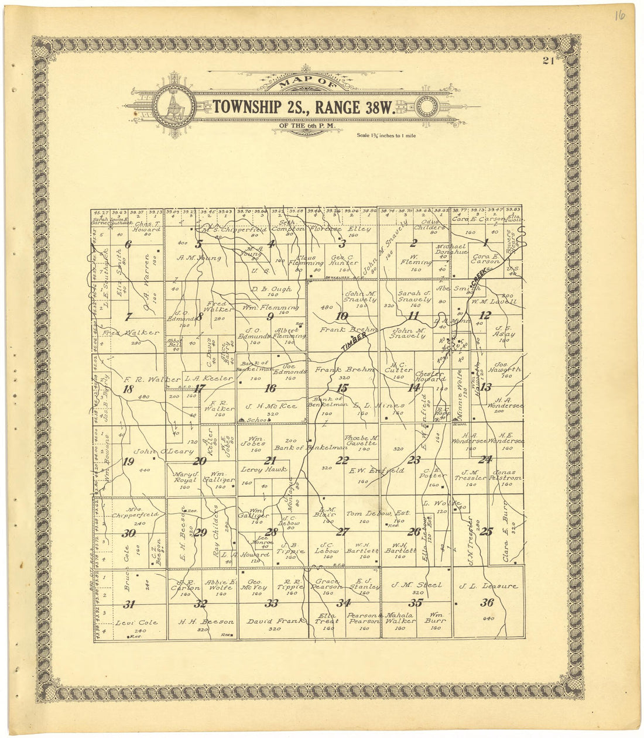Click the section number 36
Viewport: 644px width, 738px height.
coord(487,603)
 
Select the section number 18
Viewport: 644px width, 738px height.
coord(128,389)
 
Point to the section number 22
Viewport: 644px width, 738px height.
coord(342,461)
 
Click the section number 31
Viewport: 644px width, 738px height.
coord(129,605)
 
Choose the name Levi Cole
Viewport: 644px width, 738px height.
coord(137,623)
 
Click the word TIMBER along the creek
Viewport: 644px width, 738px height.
coord(354,342)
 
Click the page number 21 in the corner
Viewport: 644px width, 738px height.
coord(549,62)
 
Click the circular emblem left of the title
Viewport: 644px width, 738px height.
coord(174,107)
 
